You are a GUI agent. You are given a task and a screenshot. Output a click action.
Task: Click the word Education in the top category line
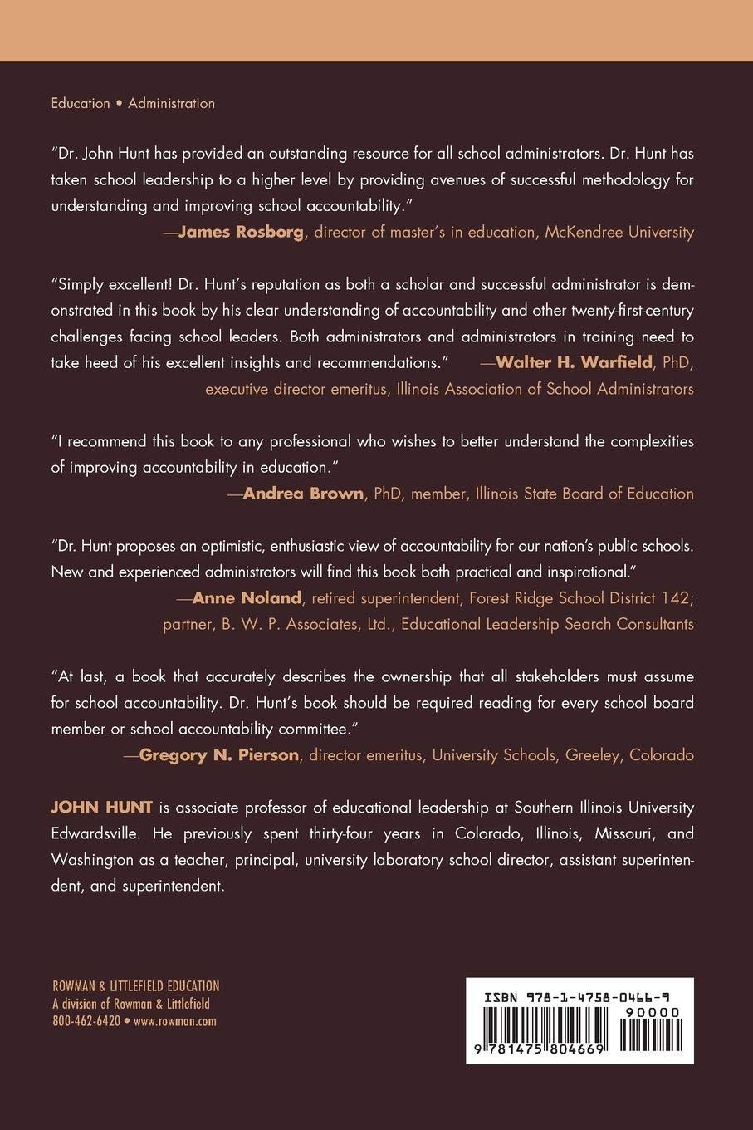point(81,103)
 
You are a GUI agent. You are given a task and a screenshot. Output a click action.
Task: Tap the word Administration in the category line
point(172,103)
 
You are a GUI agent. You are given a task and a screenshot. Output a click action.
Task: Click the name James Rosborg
point(241,232)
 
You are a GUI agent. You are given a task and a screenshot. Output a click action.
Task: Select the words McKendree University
point(619,232)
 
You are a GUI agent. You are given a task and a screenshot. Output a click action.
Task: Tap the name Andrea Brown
point(303,494)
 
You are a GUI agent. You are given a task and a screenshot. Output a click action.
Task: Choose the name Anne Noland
point(247,597)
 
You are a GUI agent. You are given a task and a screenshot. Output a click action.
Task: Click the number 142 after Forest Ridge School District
point(678,597)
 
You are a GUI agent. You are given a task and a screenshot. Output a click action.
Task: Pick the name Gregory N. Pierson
point(219,754)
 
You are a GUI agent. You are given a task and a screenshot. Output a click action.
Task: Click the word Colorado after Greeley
point(662,754)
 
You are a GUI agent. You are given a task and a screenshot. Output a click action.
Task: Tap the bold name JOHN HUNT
point(101,807)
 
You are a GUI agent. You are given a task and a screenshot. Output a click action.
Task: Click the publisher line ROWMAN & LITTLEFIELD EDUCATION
point(136,986)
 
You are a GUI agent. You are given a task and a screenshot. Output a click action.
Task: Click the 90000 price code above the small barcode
point(655,1012)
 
